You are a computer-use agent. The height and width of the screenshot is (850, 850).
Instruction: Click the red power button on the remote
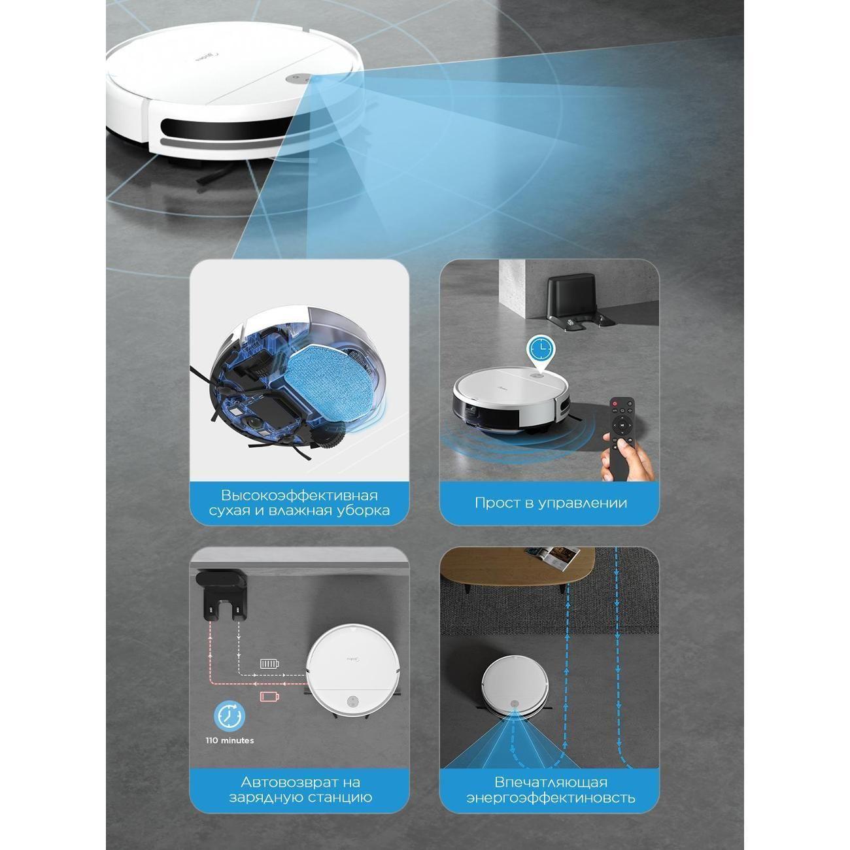coord(615,403)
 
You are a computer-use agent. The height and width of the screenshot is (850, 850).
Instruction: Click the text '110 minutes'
coord(229,741)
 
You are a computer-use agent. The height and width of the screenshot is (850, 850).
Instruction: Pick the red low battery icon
coord(269,696)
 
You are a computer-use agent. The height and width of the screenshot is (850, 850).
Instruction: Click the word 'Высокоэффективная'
coord(299,495)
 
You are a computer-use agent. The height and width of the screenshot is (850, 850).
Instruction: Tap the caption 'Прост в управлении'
coord(551,503)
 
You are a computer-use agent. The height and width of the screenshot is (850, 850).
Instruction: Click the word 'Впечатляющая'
coord(551,782)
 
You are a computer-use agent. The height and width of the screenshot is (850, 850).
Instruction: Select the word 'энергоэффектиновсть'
coord(551,798)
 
